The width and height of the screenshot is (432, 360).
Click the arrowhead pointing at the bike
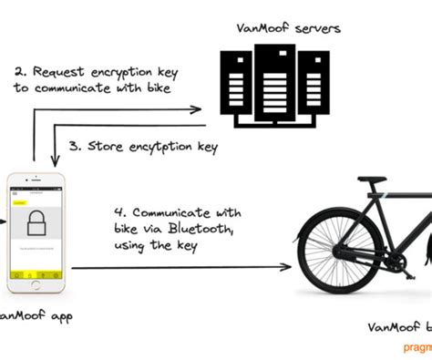point(288,267)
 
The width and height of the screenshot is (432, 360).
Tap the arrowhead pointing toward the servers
point(198,110)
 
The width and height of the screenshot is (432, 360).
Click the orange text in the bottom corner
point(415,348)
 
